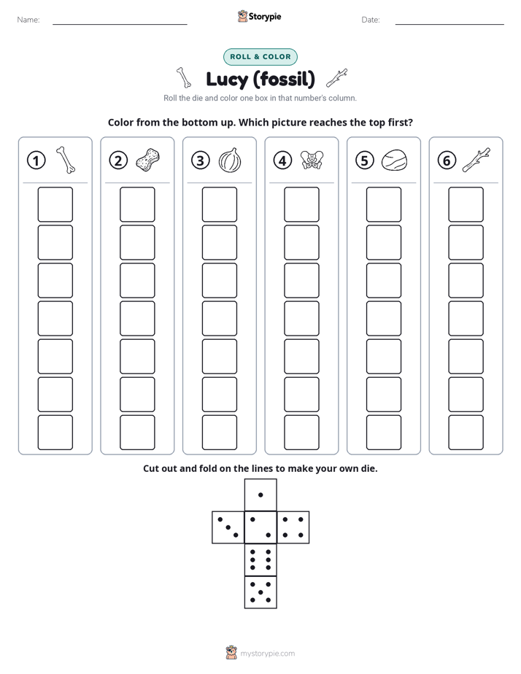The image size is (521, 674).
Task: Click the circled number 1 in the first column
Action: click(36, 160)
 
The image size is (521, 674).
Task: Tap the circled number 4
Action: click(282, 160)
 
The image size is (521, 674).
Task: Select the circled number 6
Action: click(447, 160)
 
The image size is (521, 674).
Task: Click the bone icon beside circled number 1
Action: click(66, 160)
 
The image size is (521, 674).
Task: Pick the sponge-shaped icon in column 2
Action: click(147, 160)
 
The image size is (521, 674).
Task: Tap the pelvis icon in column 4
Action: click(312, 160)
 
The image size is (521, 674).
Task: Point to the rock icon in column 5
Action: click(394, 160)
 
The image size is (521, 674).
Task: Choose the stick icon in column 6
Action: click(476, 160)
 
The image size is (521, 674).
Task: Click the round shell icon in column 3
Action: click(230, 160)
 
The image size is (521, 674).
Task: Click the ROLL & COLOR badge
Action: click(260, 57)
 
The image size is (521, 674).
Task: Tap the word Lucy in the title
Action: click(227, 80)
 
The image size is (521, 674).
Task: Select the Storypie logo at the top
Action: click(259, 16)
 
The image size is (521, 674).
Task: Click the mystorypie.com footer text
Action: click(267, 654)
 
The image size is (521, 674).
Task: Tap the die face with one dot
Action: click(260, 495)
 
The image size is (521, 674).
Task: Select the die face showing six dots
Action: click(260, 559)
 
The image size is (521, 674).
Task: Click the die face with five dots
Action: click(260, 592)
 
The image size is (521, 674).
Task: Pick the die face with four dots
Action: click(293, 527)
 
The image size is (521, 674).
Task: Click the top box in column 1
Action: click(55, 204)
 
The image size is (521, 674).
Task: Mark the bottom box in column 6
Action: click(466, 433)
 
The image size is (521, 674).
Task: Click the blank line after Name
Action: click(120, 24)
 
